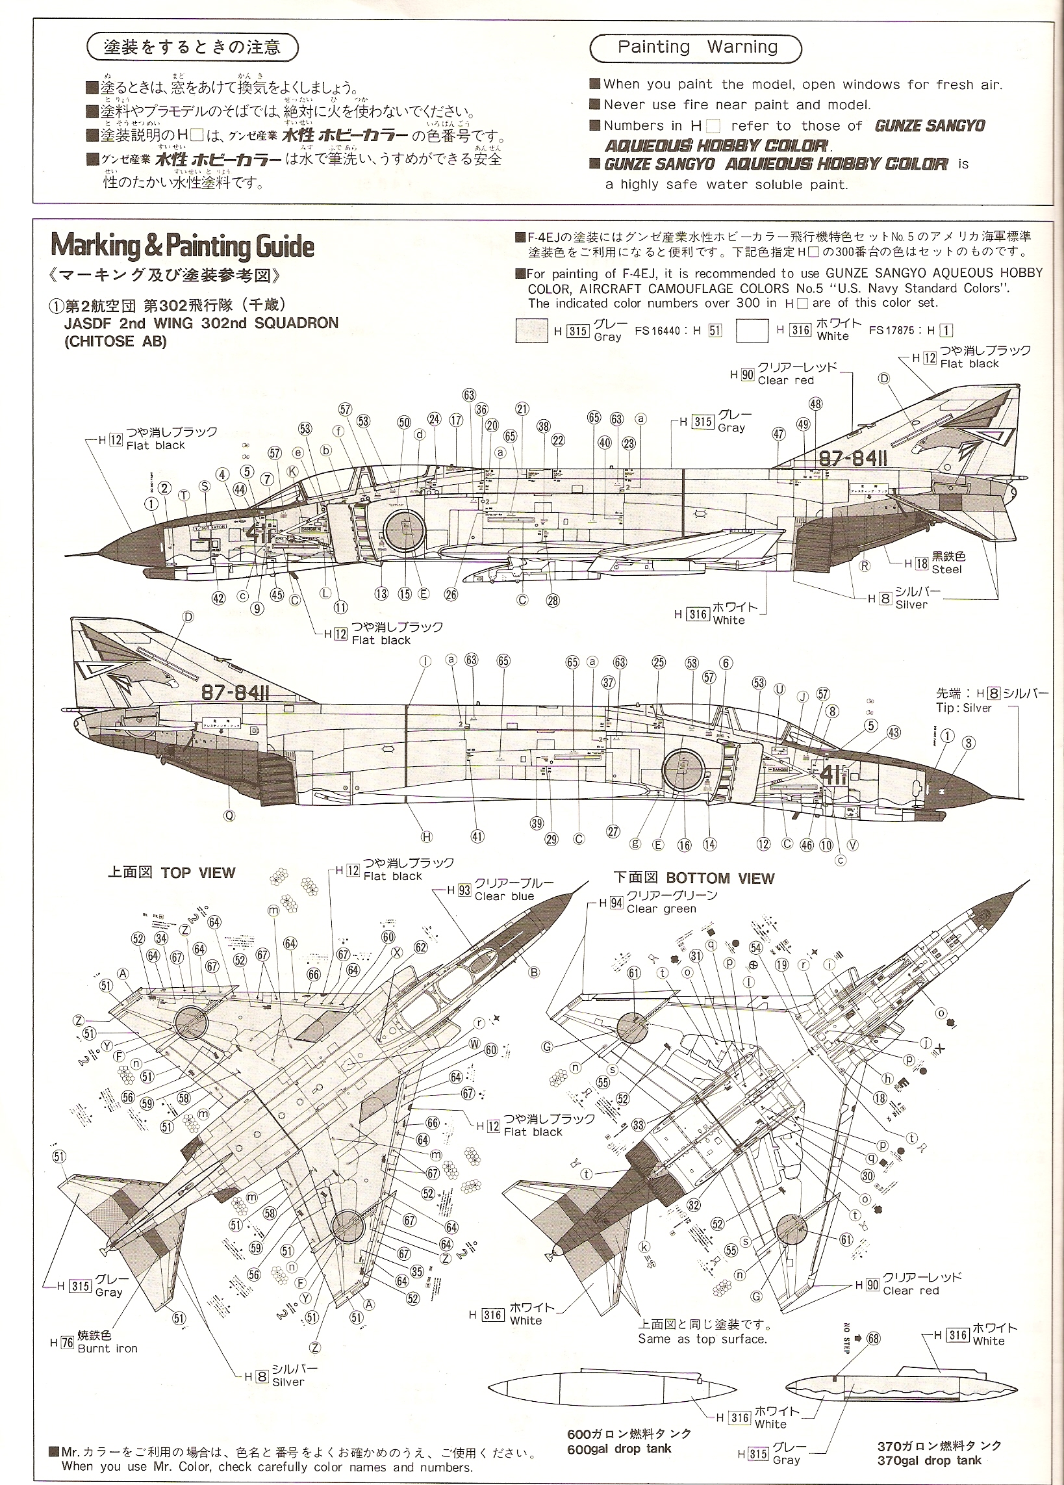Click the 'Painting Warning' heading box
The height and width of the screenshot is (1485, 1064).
697,48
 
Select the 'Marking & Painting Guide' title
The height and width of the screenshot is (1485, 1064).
183,246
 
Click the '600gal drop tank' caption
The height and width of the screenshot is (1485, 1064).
619,1448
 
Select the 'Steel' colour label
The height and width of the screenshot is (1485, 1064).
947,569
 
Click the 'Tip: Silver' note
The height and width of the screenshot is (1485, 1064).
964,708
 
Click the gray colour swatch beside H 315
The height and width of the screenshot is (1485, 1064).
531,331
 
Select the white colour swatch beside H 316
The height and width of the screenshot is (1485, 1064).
751,331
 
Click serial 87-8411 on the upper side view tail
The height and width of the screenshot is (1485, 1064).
853,459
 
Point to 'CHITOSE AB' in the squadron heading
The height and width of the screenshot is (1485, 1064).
115,341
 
